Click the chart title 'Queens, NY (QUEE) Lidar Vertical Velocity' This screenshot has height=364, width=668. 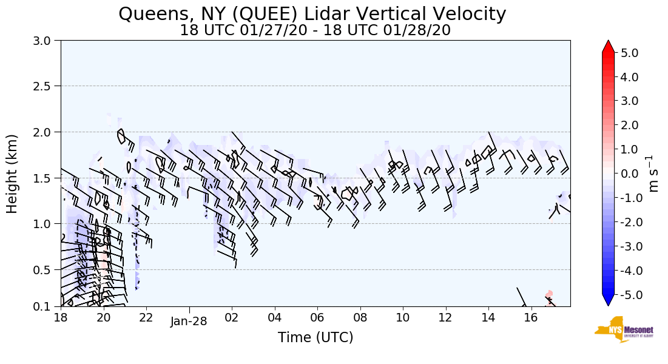click(x=312, y=14)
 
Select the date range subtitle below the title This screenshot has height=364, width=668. click(x=315, y=30)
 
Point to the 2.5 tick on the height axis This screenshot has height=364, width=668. click(x=44, y=86)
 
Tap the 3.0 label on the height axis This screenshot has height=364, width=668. click(x=44, y=41)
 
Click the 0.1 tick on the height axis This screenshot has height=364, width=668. click(x=44, y=306)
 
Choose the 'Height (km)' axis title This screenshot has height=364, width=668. click(x=13, y=174)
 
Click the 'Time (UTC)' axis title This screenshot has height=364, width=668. click(x=315, y=337)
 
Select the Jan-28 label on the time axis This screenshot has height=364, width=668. click(x=189, y=322)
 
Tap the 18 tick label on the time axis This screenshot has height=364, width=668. click(x=61, y=317)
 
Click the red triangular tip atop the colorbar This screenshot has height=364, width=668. click(x=609, y=47)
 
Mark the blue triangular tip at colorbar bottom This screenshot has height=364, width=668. click(x=609, y=300)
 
